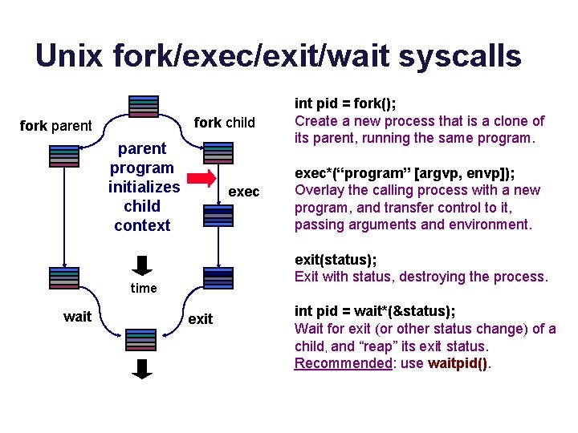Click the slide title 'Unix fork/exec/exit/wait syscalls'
click(279, 55)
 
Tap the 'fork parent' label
click(55, 126)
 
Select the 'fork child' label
click(224, 123)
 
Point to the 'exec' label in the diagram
click(244, 192)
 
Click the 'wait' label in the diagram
click(77, 317)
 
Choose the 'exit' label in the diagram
click(200, 319)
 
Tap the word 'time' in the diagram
click(144, 288)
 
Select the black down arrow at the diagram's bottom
click(142, 369)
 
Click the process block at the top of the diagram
click(144, 106)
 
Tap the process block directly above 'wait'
click(64, 277)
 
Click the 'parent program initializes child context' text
click(144, 187)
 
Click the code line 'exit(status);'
click(336, 260)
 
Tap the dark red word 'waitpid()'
click(458, 363)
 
